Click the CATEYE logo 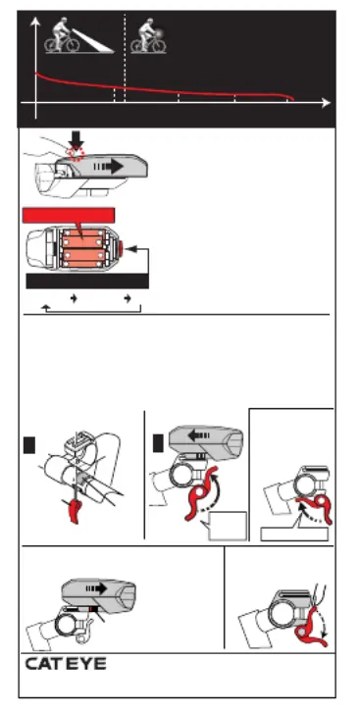tap(66, 664)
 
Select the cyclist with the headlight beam tap(62, 35)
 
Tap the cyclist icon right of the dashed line tap(148, 35)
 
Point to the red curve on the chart tap(165, 88)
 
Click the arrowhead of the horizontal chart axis tap(326, 103)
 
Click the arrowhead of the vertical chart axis tap(35, 22)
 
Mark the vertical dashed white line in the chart tap(125, 58)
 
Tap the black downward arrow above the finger tap(77, 140)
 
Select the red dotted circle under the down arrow tap(76, 154)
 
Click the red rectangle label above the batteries tap(69, 216)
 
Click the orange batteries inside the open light tap(82, 249)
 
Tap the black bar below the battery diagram tap(87, 281)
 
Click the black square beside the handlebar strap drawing tap(29, 445)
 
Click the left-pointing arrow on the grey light tap(198, 436)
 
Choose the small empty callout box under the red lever tap(228, 526)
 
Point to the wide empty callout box tap(294, 535)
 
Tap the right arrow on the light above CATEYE tap(96, 588)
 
